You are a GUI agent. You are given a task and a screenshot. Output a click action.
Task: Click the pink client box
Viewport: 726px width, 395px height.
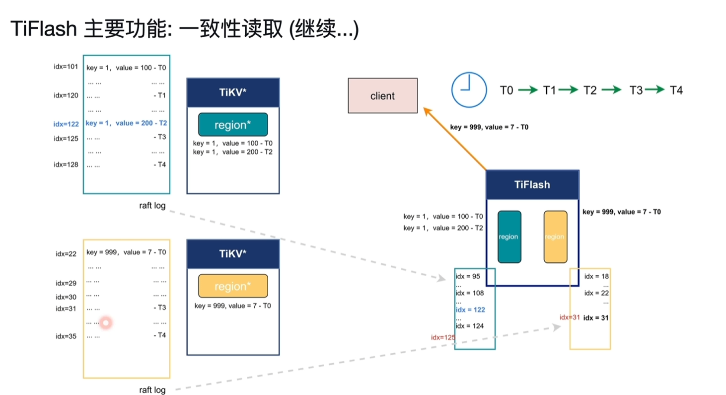click(382, 96)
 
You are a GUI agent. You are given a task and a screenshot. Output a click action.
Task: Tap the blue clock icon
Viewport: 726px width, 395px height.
click(468, 89)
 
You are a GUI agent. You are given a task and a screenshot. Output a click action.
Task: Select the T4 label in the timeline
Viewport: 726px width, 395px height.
click(676, 90)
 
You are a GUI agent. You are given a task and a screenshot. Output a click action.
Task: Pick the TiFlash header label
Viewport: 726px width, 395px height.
click(532, 185)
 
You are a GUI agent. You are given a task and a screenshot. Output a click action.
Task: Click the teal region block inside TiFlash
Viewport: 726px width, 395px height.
click(509, 237)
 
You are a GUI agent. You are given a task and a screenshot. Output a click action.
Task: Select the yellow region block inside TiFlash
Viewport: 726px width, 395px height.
click(555, 237)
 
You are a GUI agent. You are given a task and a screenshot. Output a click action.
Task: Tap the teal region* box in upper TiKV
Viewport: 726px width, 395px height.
click(232, 125)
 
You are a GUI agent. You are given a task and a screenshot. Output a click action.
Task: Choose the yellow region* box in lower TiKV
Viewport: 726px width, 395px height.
click(232, 286)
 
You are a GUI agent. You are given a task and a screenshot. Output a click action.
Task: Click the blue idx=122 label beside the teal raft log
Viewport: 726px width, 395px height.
click(66, 124)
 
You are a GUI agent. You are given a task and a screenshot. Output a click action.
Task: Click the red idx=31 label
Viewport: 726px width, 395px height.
click(570, 317)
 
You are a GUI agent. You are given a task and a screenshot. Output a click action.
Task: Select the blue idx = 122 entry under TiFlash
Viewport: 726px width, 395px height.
click(470, 310)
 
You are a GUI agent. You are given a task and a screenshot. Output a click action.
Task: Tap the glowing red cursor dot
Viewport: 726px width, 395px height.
click(105, 323)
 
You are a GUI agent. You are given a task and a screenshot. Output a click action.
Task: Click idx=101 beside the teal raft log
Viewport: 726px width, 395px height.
click(66, 67)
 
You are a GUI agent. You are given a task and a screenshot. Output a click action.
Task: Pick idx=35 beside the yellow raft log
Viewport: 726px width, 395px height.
click(66, 336)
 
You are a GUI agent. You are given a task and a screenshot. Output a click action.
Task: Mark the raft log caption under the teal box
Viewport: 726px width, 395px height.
click(152, 206)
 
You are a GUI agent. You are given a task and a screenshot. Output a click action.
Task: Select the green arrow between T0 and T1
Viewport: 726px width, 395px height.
click(527, 90)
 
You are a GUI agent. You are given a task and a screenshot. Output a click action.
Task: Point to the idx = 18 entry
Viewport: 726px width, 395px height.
click(596, 276)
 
